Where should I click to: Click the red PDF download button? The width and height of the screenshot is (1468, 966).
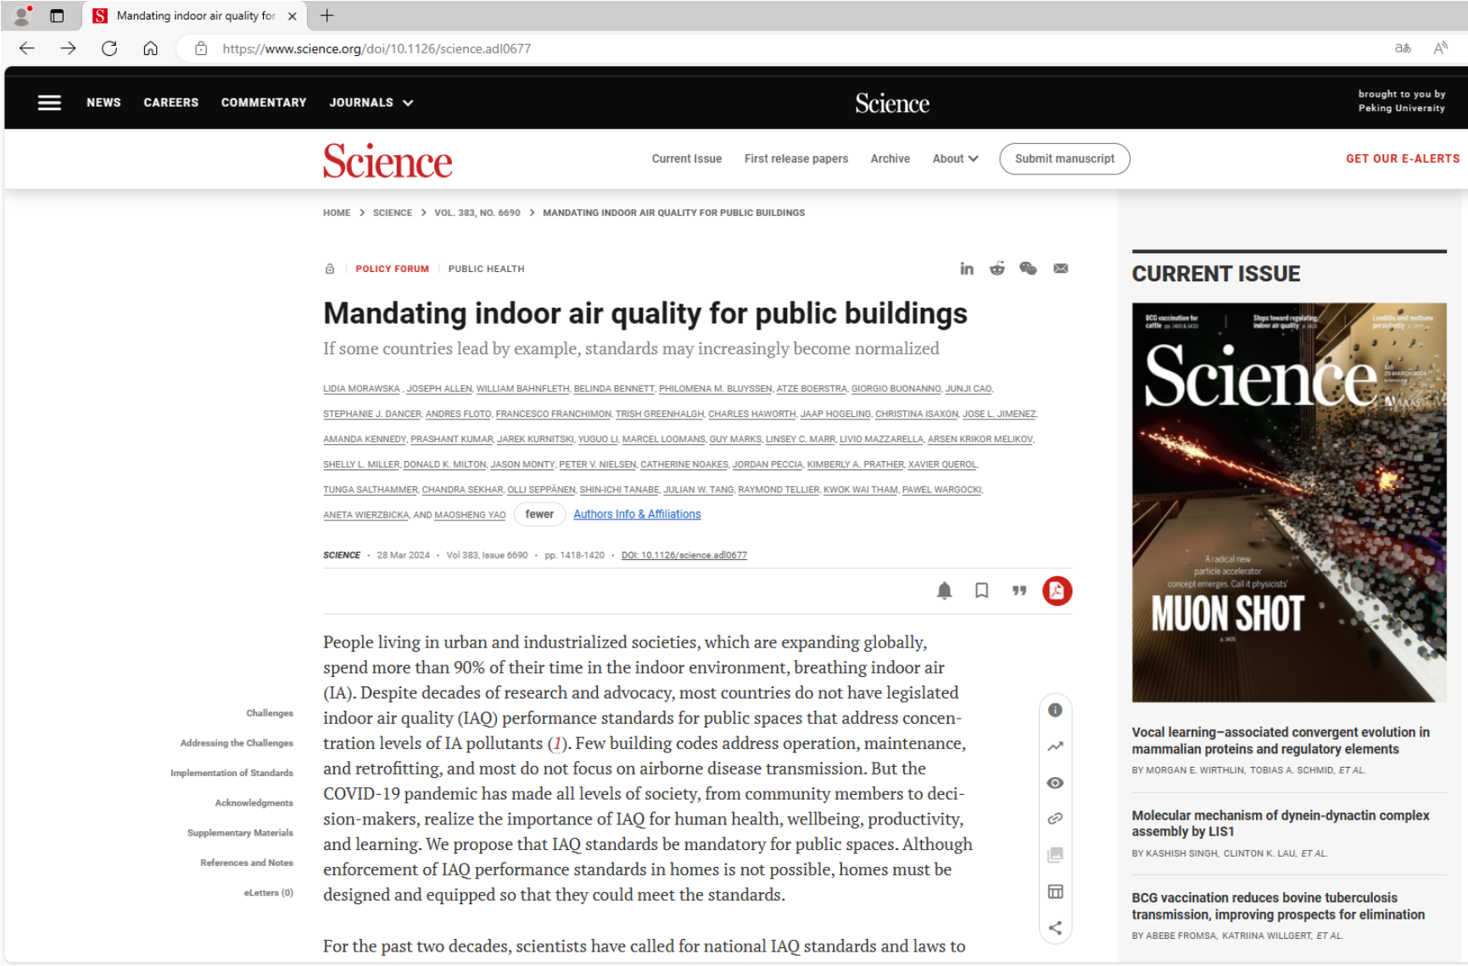1057,591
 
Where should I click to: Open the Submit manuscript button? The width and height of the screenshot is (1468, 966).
1064,158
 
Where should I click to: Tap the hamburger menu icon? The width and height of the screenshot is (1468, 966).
49,103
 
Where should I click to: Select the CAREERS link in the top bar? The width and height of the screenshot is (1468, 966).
170,103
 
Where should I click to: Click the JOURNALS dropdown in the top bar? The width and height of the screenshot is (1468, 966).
371,103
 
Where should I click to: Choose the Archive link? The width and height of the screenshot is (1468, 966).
890,158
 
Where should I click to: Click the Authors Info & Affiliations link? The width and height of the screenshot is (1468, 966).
637,514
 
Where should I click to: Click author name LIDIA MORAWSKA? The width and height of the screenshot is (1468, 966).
361,389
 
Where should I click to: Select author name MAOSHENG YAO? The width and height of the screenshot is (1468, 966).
470,515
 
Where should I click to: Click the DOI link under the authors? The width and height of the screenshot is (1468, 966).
684,555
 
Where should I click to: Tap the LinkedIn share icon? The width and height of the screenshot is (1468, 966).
967,269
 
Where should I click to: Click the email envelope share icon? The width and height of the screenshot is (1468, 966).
1060,269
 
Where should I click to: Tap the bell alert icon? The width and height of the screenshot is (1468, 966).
944,591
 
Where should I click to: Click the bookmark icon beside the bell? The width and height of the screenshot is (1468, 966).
981,591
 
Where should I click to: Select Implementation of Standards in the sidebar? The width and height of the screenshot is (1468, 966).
232,773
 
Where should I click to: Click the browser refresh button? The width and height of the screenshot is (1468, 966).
109,48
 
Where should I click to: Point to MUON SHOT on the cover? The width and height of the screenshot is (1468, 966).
1226,613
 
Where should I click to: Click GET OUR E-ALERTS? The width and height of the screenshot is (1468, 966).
1402,158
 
